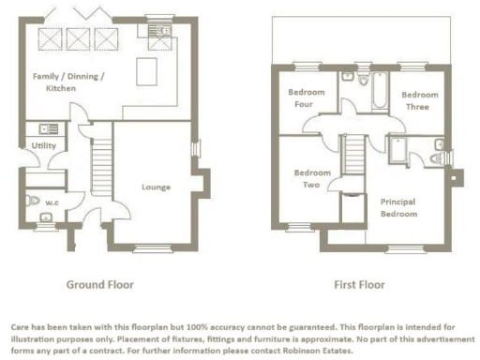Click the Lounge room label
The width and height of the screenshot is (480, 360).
click(156, 187)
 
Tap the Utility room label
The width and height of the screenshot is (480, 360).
click(43, 146)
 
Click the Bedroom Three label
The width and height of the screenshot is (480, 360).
click(418, 101)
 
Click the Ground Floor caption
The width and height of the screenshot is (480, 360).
click(99, 284)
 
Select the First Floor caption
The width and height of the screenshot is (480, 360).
click(360, 284)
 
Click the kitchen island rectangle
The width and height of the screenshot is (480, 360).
click(148, 71)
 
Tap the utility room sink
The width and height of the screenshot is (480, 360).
click(45, 128)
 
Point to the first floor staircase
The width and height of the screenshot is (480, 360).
click(354, 155)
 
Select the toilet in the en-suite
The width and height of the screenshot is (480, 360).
click(438, 146)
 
